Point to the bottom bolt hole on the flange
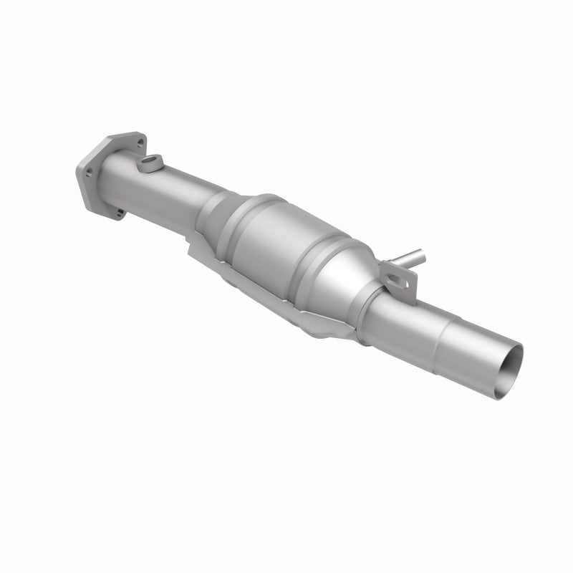(x=116, y=211)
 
